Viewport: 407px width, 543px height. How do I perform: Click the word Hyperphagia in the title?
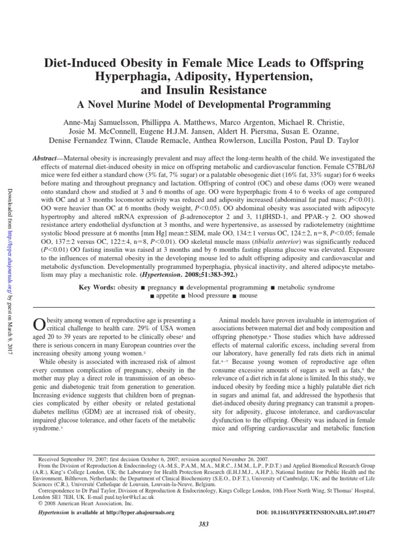(x=126, y=77)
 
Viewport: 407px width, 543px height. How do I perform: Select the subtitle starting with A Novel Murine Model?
(x=203, y=104)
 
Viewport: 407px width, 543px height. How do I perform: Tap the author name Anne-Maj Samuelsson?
(x=94, y=121)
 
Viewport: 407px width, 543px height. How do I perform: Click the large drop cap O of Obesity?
(x=38, y=324)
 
